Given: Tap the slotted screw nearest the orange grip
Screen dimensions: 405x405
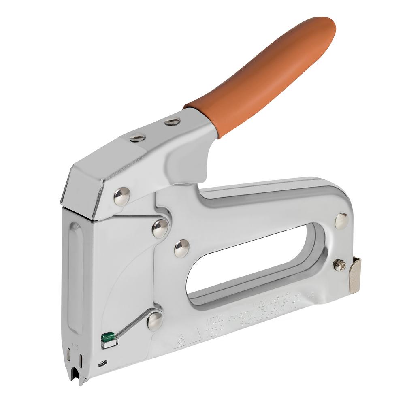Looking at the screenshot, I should tap(173, 121).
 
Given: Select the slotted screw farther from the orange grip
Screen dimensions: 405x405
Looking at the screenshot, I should tap(138, 138).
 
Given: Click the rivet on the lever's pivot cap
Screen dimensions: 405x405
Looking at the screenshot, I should tap(122, 196).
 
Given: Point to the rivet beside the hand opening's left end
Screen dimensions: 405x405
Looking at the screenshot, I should tap(181, 248).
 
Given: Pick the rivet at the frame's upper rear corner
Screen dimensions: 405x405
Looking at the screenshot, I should tap(341, 221).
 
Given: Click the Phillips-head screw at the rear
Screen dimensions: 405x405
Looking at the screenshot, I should tap(339, 265).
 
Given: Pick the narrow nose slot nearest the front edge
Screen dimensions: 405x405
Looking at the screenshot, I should tap(69, 359).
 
